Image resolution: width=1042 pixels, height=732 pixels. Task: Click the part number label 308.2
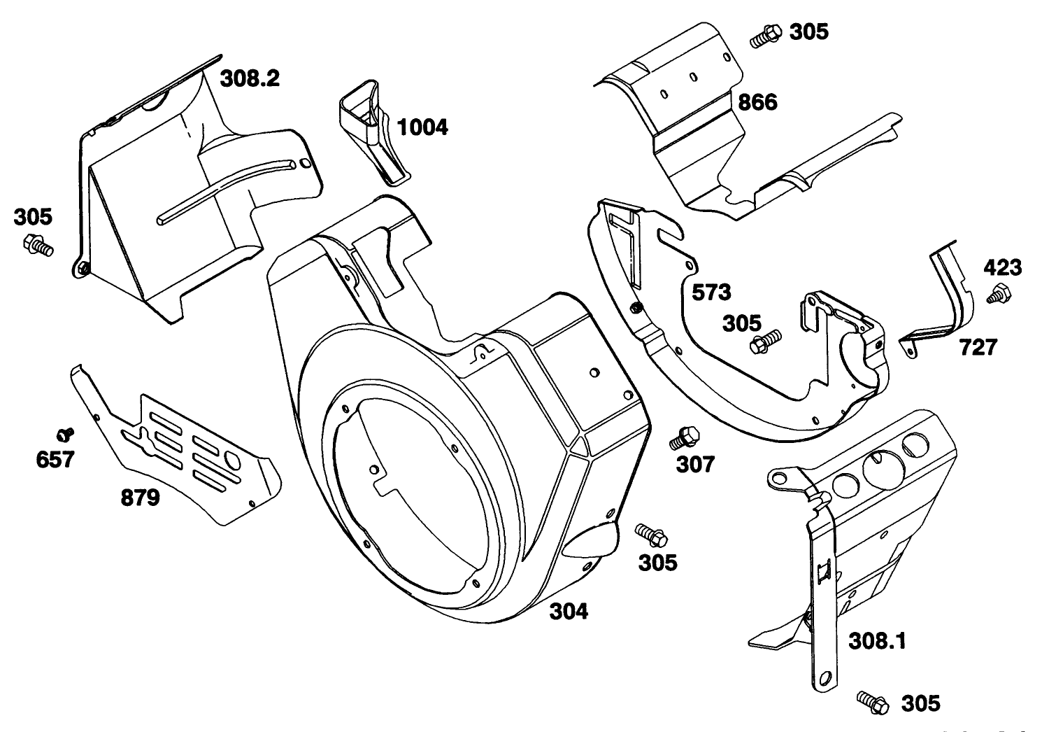point(250,78)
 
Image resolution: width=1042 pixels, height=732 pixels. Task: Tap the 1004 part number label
point(422,127)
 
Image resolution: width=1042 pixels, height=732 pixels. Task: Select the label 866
point(757,102)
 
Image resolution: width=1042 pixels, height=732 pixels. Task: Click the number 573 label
point(711,292)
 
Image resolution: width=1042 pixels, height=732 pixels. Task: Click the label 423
point(1002,267)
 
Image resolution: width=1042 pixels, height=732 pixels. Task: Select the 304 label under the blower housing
point(568,611)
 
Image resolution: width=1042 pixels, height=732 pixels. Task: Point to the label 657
point(55,460)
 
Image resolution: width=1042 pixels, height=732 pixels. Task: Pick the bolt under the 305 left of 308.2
point(38,246)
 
